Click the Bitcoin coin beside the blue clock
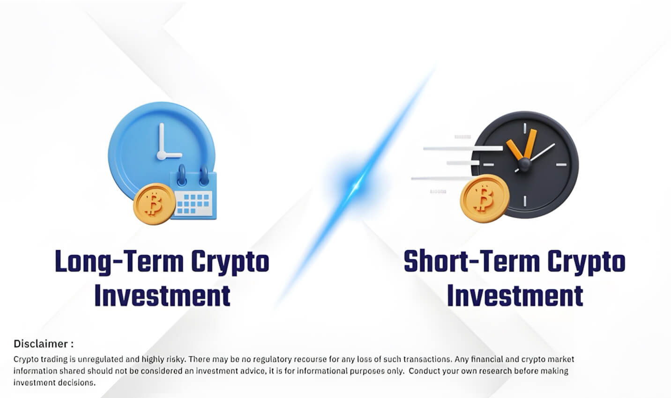pyautogui.click(x=154, y=204)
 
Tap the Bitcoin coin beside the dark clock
pyautogui.click(x=485, y=199)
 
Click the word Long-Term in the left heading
pyautogui.click(x=119, y=262)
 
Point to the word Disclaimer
pyautogui.click(x=41, y=344)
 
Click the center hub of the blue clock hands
pyautogui.click(x=162, y=155)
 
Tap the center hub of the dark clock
pyautogui.click(x=524, y=164)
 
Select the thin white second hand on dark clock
pyautogui.click(x=535, y=158)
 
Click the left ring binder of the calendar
pyautogui.click(x=181, y=176)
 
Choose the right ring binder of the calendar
pyautogui.click(x=204, y=176)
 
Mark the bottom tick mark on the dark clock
pyautogui.click(x=525, y=201)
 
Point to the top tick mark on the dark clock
pyautogui.click(x=525, y=128)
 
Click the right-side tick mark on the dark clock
pyautogui.click(x=561, y=165)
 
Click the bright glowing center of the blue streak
pyautogui.click(x=356, y=186)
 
